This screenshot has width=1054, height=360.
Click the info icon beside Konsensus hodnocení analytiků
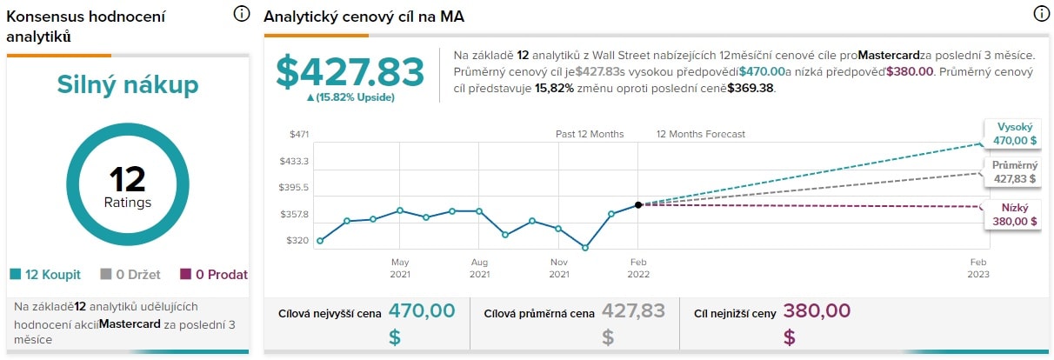coord(242,14)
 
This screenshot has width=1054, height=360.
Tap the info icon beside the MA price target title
coord(1041,14)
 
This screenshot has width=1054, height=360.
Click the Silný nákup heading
coord(128,84)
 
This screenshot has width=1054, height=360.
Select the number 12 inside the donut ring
coord(128,179)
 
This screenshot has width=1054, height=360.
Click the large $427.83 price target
coord(350,72)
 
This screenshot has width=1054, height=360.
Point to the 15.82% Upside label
coord(350,97)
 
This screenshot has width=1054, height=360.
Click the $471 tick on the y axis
coord(299,135)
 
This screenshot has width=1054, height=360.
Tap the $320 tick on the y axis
coord(297,240)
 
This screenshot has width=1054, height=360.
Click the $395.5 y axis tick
coord(296,188)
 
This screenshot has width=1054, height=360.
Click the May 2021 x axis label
coord(400,267)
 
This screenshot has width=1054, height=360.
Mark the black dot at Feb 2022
coord(638,204)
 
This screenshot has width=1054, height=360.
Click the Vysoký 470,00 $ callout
coord(1015,133)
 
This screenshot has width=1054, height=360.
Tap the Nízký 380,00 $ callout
coord(1013,215)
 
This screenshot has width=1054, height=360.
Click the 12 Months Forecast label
coord(700,135)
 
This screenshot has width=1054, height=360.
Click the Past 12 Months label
coord(590,135)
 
